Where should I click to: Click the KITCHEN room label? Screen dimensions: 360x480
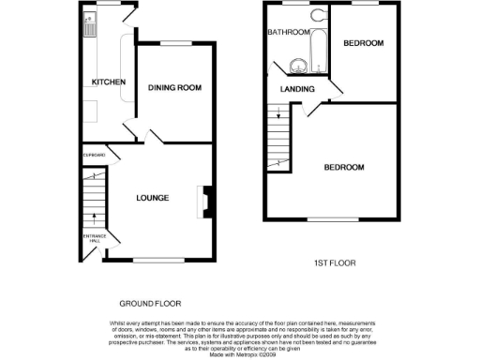pos(108,82)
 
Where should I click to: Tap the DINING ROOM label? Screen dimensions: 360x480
pos(175,88)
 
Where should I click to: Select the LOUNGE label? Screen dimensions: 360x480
pos(152,198)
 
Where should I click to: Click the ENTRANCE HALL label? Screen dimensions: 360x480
pos(95,240)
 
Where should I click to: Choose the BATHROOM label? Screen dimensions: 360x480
pos(288,32)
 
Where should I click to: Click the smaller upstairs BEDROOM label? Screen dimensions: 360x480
pos(363,43)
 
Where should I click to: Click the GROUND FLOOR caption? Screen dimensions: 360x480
pos(150,304)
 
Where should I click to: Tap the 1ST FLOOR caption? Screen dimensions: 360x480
pos(333,263)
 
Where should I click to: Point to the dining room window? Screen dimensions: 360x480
pos(175,43)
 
